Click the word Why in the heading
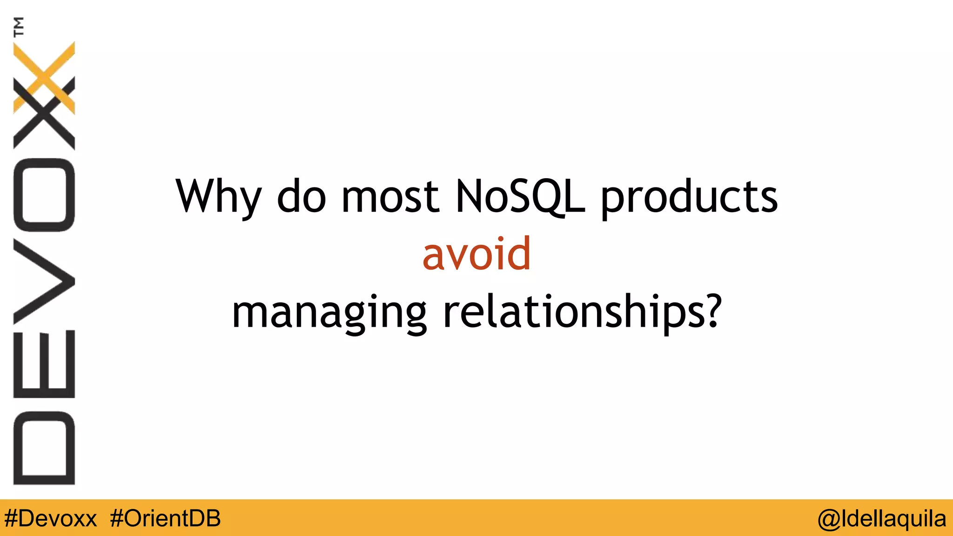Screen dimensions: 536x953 pos(218,196)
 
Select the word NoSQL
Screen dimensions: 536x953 pos(520,196)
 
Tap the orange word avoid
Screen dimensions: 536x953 pos(476,254)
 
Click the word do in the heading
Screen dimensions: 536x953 pos(301,196)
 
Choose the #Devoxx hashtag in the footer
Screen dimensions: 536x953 pos(50,518)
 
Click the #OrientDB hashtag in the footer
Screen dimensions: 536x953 pos(165,518)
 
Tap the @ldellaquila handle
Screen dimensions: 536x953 pos(882,518)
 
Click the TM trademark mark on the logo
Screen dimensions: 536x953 pos(19,27)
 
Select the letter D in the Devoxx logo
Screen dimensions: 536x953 pos(44,448)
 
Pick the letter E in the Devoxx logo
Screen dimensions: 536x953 pos(44,364)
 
